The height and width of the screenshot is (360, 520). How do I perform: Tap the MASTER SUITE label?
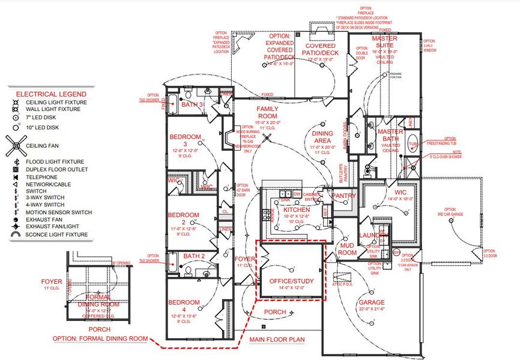pyautogui.click(x=384, y=42)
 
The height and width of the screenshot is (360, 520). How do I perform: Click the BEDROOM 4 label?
pyautogui.click(x=184, y=302)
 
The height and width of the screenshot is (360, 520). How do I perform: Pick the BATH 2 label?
pyautogui.click(x=195, y=257)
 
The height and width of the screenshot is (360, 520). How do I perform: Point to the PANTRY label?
pyautogui.click(x=343, y=196)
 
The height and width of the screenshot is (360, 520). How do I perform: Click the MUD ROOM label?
pyautogui.click(x=347, y=249)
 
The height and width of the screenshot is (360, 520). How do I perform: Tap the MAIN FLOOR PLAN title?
pyautogui.click(x=277, y=340)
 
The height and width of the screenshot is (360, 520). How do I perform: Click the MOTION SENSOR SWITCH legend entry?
pyautogui.click(x=58, y=212)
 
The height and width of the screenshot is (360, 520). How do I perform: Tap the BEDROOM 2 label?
pyautogui.click(x=183, y=215)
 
